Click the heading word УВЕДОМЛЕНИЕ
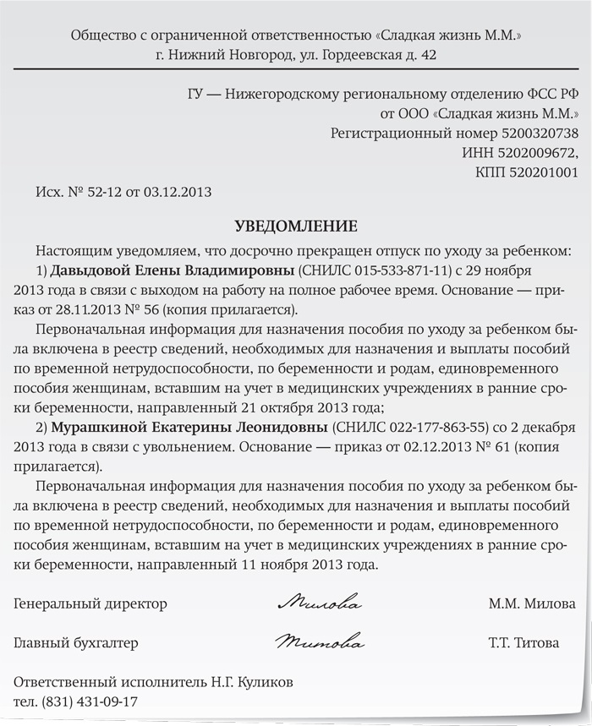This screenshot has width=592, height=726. tap(295, 227)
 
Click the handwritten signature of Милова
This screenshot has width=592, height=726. tap(320, 604)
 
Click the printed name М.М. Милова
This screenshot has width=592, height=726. tap(523, 604)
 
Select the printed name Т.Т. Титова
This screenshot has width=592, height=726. tap(523, 643)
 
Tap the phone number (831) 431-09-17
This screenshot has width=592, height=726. tap(96, 701)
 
